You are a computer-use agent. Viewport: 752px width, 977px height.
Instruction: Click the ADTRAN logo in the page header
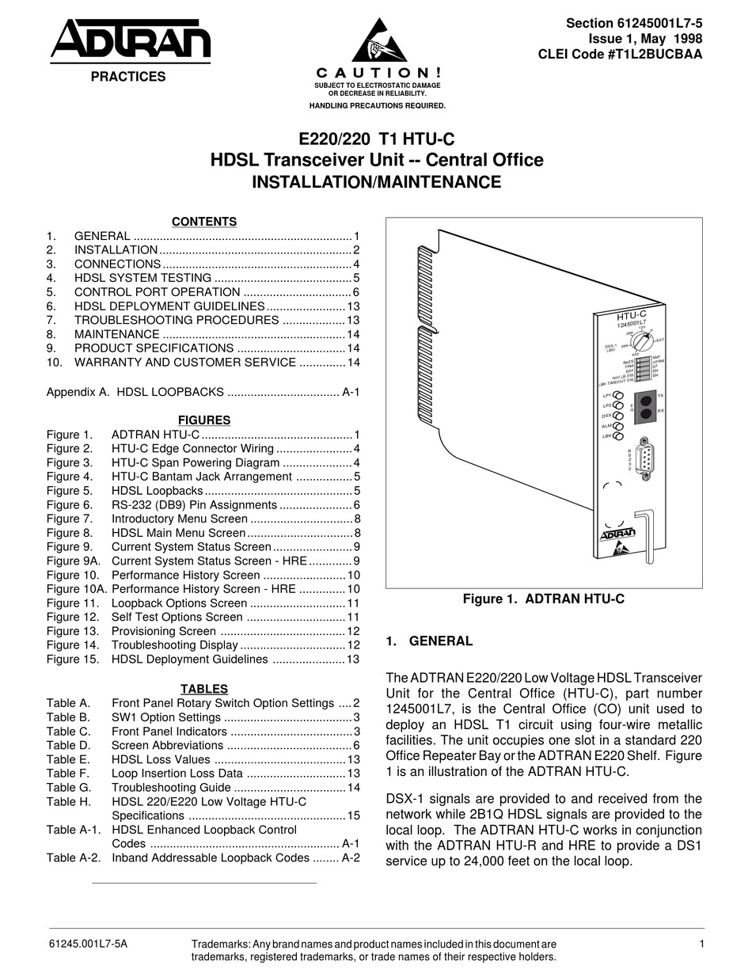(x=130, y=40)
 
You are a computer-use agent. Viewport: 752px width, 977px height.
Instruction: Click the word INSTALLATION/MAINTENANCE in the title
(x=376, y=182)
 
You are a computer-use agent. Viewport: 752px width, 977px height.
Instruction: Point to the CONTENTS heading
(x=204, y=222)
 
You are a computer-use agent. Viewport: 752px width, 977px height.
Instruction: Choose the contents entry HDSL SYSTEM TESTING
(x=142, y=278)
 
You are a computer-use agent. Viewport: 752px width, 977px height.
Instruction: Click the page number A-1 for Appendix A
(x=351, y=391)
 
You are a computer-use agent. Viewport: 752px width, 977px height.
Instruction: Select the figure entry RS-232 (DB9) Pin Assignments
(x=194, y=504)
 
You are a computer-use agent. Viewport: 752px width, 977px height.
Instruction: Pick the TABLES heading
(x=204, y=689)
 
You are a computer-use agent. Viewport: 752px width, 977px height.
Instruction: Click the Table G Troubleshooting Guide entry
(x=171, y=787)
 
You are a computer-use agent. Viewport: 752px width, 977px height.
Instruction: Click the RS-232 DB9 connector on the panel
(x=646, y=458)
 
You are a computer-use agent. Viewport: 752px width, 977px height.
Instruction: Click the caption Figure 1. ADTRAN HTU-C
(x=543, y=599)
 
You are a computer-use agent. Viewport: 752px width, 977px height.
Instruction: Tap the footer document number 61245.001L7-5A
(x=87, y=944)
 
